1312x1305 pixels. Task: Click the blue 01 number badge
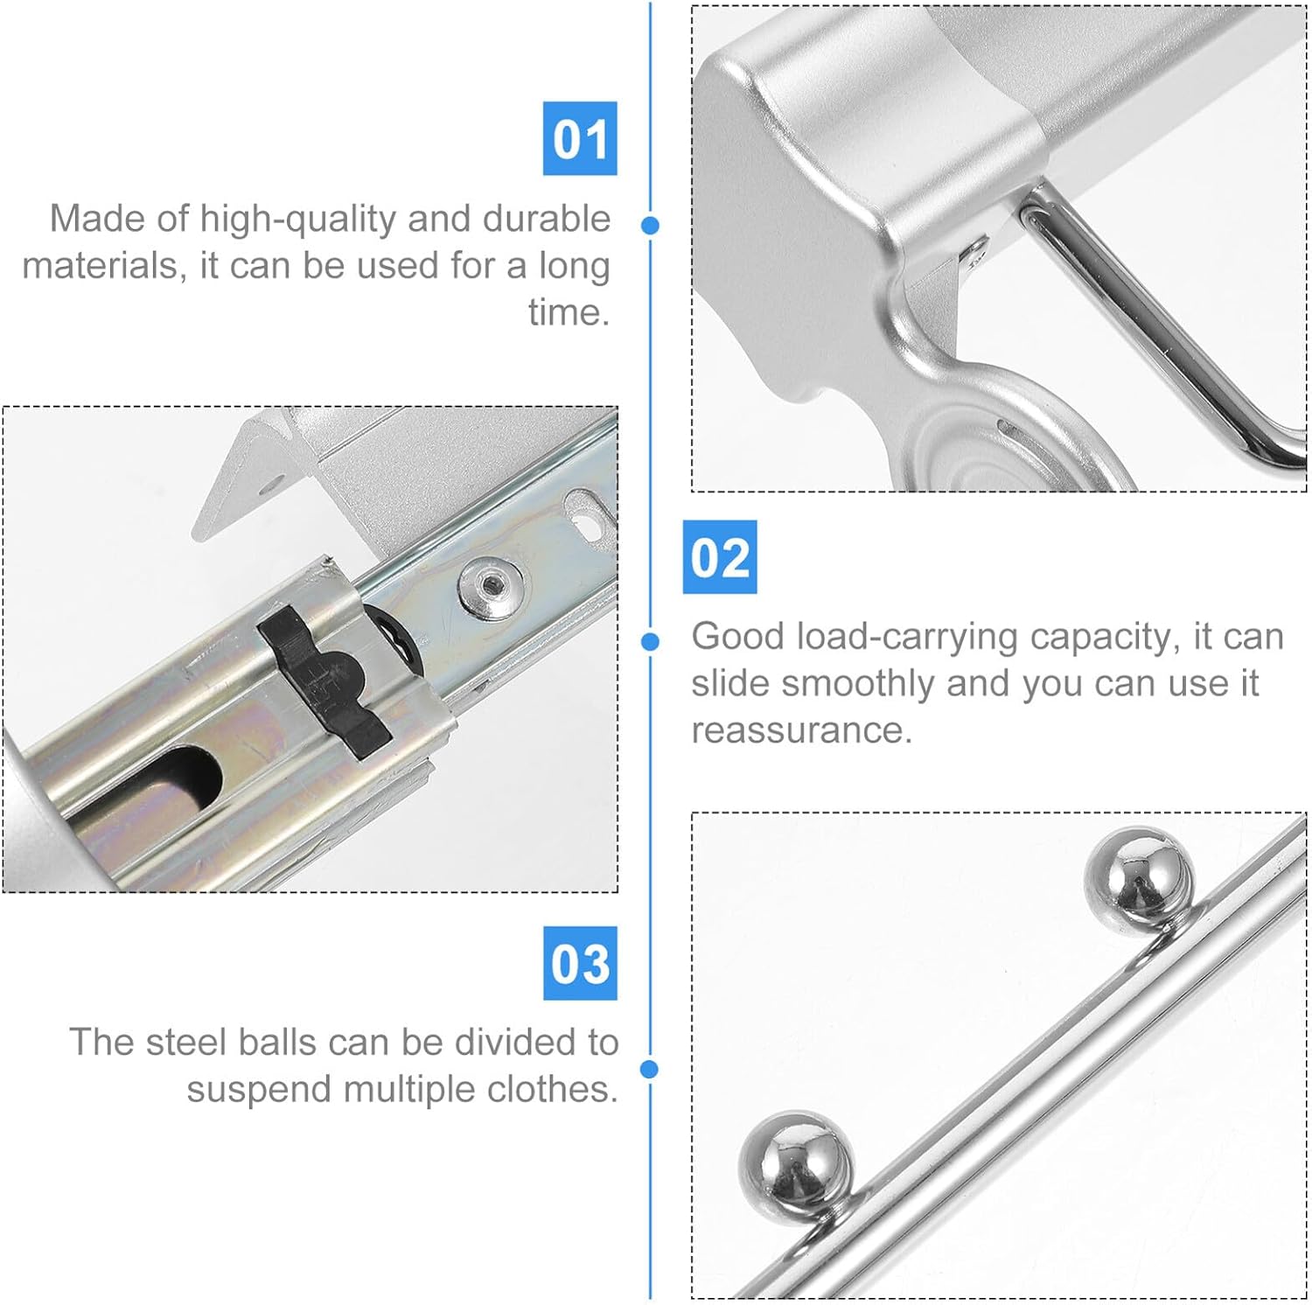(x=580, y=138)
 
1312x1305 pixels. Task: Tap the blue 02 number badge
(x=719, y=557)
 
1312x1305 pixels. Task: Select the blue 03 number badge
(x=580, y=963)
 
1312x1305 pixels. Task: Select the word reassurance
(x=801, y=730)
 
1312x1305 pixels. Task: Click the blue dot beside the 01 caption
(x=650, y=225)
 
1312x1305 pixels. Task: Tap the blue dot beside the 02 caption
(x=650, y=642)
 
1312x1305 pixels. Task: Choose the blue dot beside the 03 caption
(x=650, y=1069)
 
